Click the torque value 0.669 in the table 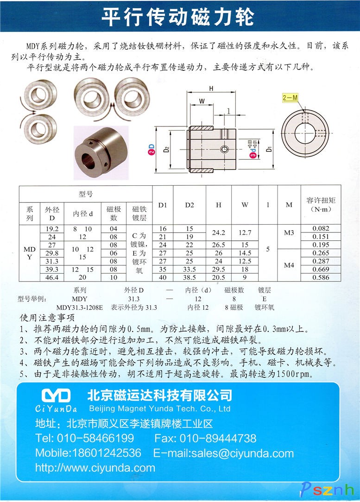(x=321, y=269)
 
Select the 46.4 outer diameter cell (x=52, y=277)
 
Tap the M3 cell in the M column (x=289, y=232)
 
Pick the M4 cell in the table (x=289, y=265)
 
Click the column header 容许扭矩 (x=321, y=201)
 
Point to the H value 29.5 (x=218, y=269)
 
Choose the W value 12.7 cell (x=245, y=232)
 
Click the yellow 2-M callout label (x=290, y=97)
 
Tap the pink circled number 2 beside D (x=151, y=152)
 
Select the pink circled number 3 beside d (x=253, y=155)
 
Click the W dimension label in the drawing (x=202, y=101)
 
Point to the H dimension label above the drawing (x=211, y=88)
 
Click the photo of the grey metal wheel (x=101, y=153)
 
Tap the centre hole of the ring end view (x=305, y=133)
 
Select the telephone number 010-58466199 (x=95, y=438)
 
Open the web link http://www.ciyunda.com (x=95, y=468)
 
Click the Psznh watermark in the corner (x=327, y=489)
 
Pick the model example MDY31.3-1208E (x=80, y=307)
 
